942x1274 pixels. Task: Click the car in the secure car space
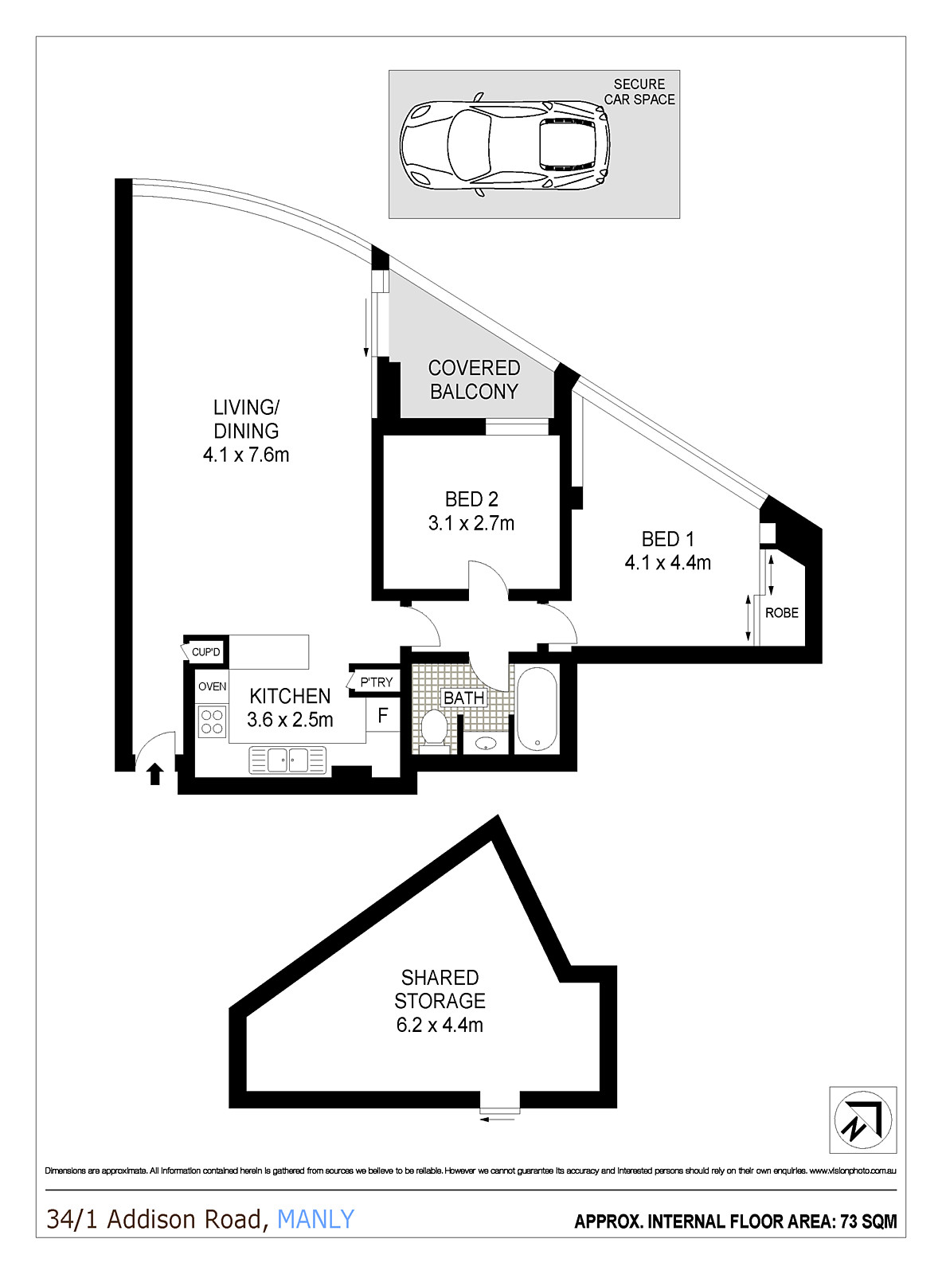click(505, 145)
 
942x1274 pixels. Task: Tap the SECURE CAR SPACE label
click(639, 92)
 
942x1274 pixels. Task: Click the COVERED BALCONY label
click(474, 380)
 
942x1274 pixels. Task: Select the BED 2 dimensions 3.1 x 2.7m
click(471, 523)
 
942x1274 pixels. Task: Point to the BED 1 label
click(667, 539)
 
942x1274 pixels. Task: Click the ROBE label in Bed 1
click(782, 613)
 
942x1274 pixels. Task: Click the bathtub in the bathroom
click(537, 709)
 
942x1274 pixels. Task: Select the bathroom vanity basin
click(486, 743)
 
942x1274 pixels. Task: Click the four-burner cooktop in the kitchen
click(211, 721)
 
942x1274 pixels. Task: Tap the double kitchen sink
click(287, 760)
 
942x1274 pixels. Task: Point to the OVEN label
click(212, 686)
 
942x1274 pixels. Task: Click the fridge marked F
click(382, 716)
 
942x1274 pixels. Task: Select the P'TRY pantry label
click(376, 682)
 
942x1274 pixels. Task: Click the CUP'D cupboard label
click(205, 652)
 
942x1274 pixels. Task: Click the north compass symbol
click(862, 1120)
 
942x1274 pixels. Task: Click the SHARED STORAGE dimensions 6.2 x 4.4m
click(440, 1025)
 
